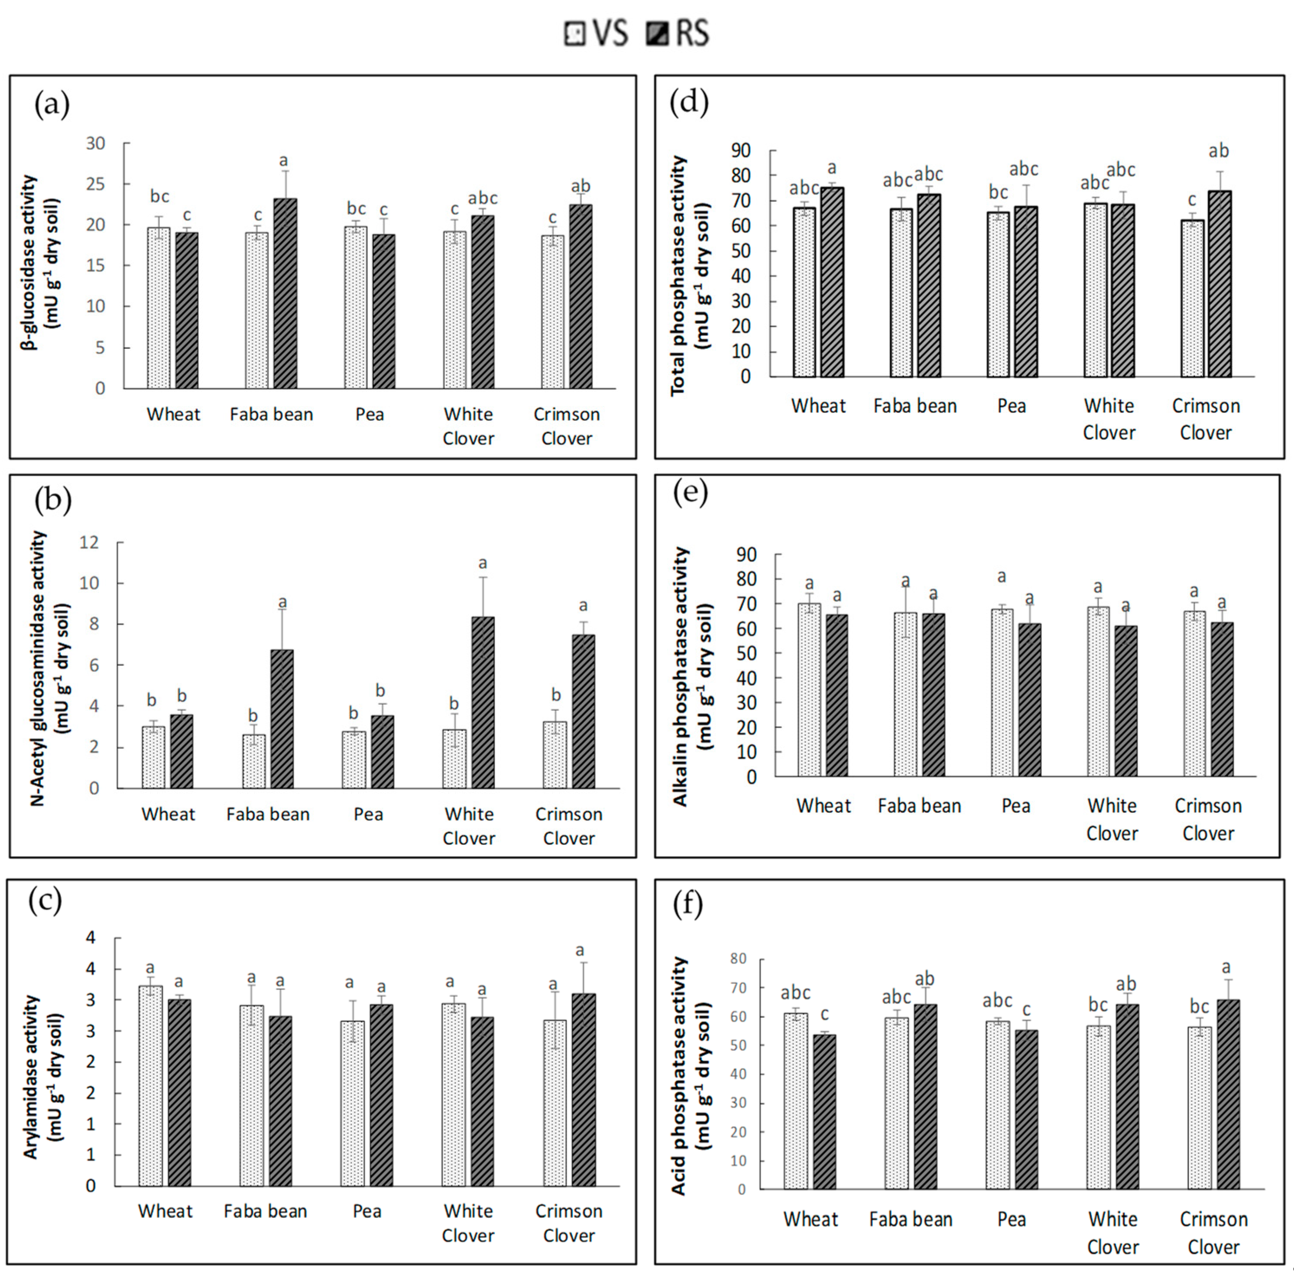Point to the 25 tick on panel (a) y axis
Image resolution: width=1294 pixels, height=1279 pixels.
coord(96,184)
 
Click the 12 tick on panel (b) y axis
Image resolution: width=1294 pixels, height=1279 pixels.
coord(89,542)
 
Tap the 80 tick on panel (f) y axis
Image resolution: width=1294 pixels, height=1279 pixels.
coord(738,959)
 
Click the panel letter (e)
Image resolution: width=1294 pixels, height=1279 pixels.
coord(689,493)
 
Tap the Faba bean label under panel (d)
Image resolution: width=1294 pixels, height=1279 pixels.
coord(915,406)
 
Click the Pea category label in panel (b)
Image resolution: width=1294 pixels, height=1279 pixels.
coord(368,814)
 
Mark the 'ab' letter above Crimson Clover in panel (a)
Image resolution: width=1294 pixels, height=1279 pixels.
coord(580,185)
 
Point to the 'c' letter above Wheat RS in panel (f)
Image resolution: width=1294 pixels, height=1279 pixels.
coord(824,1014)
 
